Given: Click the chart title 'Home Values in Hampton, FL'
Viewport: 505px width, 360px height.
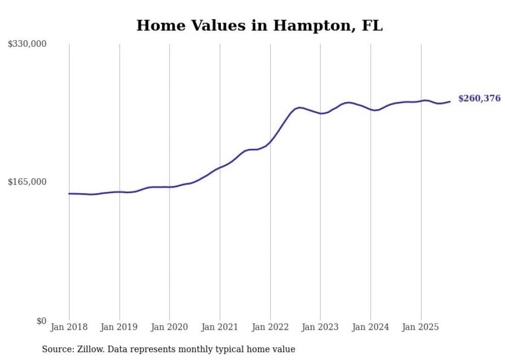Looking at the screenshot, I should [x=259, y=25].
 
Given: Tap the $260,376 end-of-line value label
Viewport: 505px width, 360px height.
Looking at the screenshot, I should [x=479, y=98].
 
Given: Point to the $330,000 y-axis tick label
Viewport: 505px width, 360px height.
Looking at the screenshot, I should [x=27, y=44].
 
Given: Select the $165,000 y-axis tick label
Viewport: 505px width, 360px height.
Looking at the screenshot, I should [x=27, y=182].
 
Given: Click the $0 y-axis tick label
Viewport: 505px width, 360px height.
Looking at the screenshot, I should [x=41, y=321].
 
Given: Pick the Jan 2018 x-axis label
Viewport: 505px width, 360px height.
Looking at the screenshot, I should [x=69, y=327].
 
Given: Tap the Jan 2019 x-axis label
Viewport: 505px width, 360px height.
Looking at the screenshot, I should [x=120, y=327].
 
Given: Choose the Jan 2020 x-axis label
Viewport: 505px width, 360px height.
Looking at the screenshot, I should [x=170, y=327].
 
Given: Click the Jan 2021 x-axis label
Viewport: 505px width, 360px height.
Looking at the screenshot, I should [x=220, y=327].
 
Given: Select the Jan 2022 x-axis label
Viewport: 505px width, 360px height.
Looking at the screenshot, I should [x=270, y=327].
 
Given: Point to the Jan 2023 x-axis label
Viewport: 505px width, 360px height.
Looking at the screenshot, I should [x=320, y=327].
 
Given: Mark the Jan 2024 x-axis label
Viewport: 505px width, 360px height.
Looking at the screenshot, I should [x=371, y=327].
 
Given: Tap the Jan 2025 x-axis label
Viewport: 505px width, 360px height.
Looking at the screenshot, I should [x=420, y=327].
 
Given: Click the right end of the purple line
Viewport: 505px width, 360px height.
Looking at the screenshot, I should [x=450, y=101].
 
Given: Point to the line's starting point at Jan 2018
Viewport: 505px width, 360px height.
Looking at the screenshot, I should [x=69, y=194].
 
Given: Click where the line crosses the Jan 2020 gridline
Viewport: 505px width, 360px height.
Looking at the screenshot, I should [x=170, y=187].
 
